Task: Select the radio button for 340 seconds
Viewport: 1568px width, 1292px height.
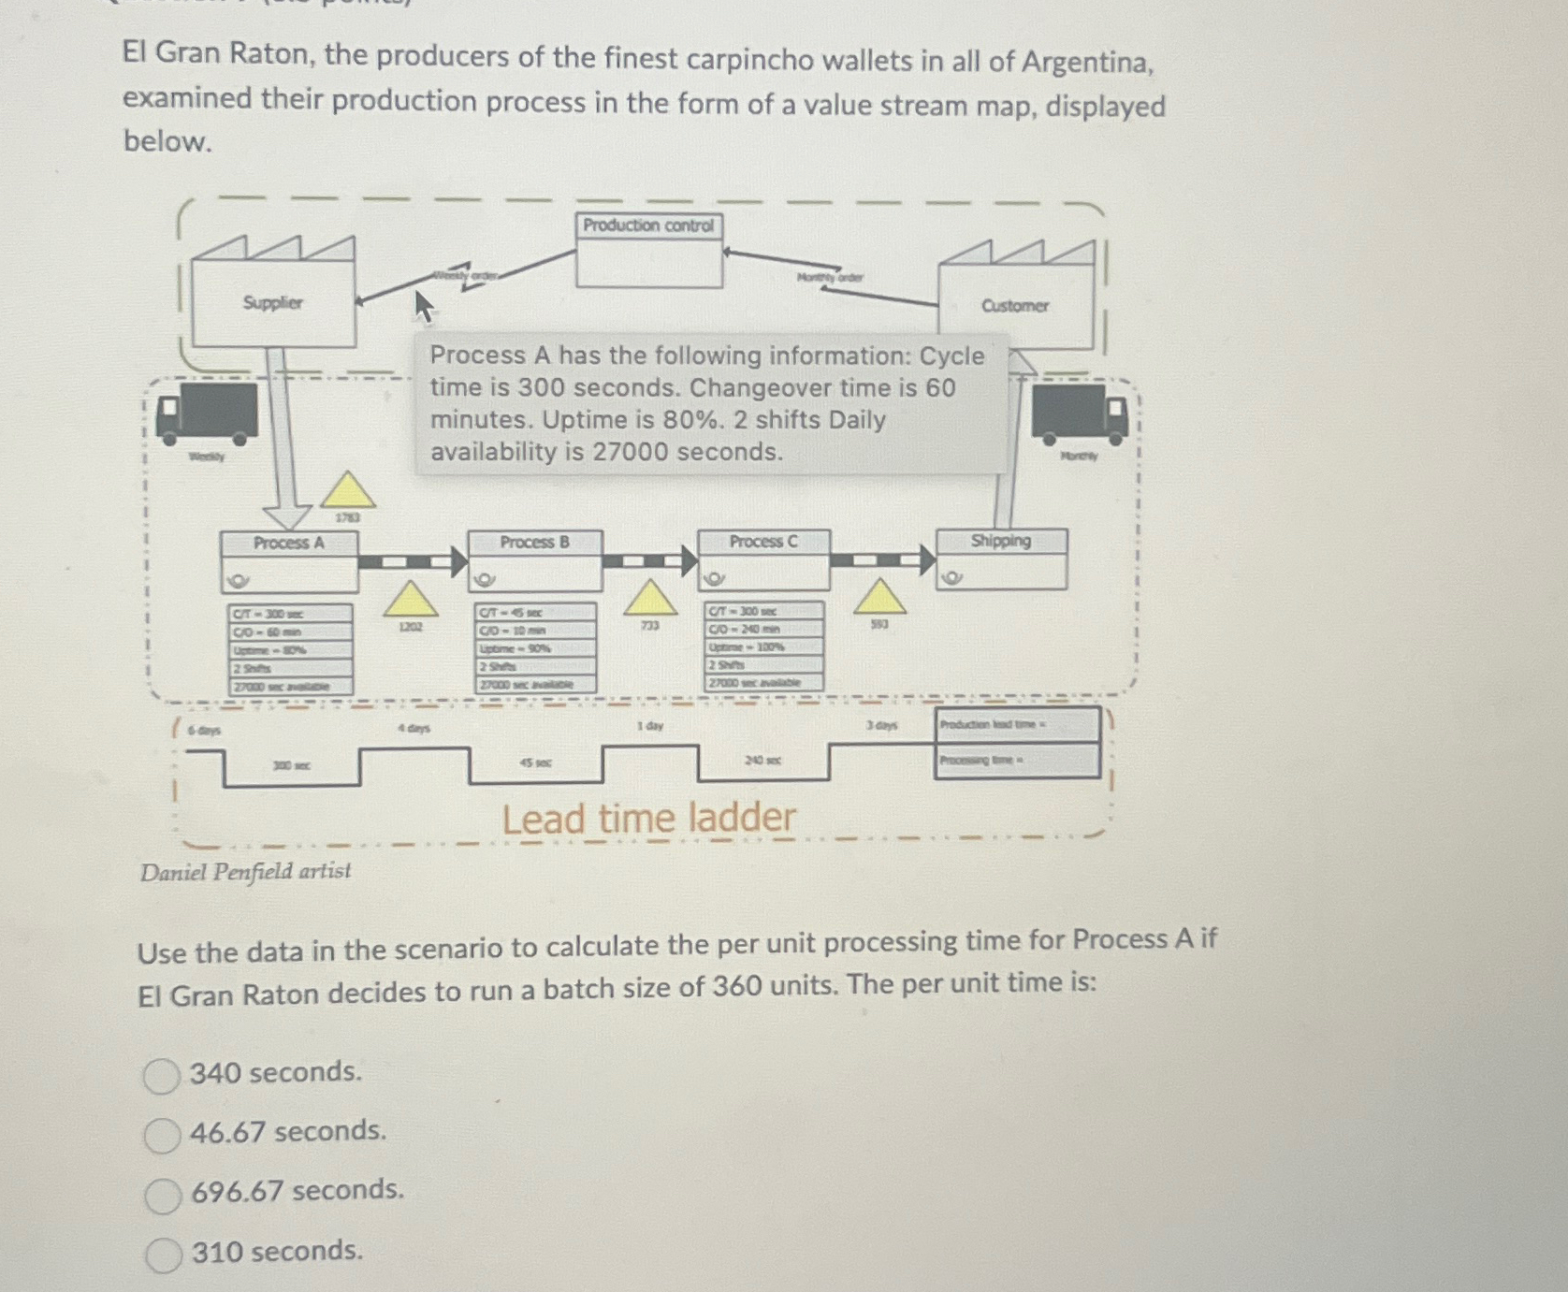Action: pos(161,1076)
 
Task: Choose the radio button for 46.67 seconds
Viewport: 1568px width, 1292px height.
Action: pos(162,1135)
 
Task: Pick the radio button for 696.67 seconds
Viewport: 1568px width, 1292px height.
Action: pos(163,1195)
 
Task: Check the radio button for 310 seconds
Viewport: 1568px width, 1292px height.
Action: pos(164,1255)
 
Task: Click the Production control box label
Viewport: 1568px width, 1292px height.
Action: pos(648,225)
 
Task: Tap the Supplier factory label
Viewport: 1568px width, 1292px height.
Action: pos(272,303)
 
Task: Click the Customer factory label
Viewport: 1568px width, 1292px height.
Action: pos(1015,306)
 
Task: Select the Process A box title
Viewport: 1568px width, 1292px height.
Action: pos(289,544)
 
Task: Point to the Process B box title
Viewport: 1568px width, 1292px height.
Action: pos(534,543)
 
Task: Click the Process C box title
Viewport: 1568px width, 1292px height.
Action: pos(763,542)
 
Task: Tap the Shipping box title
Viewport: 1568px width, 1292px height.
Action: pos(1000,541)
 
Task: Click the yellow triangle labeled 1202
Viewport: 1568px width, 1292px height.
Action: pos(410,600)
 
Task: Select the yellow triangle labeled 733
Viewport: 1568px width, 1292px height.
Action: pos(650,598)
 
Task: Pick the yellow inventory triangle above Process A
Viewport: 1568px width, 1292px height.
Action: pos(348,491)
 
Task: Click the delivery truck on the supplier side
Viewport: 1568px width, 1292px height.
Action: pos(208,412)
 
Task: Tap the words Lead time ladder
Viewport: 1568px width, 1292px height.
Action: pos(648,819)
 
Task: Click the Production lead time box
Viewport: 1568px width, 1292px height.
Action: pos(1018,725)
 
